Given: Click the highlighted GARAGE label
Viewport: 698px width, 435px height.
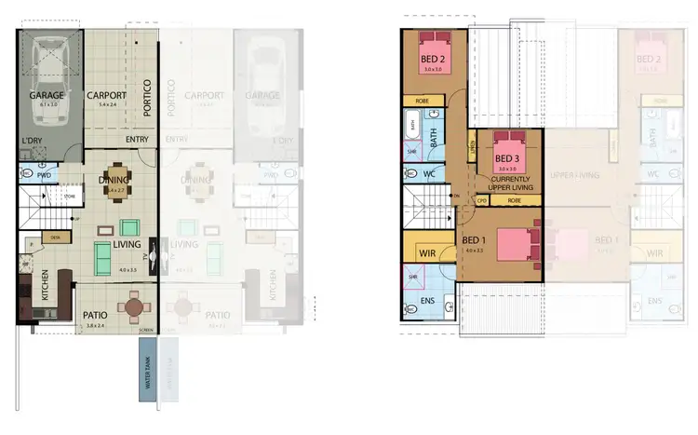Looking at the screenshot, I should (47, 96).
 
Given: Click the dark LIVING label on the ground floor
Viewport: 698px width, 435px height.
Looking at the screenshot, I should (128, 245).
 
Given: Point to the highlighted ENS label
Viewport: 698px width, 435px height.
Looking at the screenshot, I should (427, 301).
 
